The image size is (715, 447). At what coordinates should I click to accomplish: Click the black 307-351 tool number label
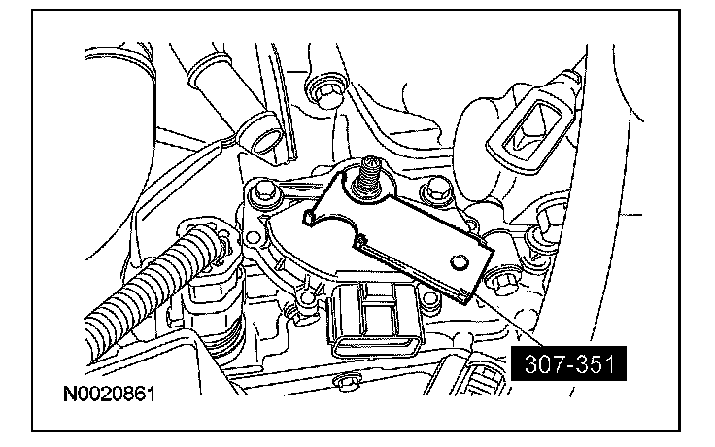(x=568, y=363)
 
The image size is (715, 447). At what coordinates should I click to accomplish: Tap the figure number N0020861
(x=109, y=394)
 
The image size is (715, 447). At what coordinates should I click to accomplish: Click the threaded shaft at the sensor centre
(x=367, y=177)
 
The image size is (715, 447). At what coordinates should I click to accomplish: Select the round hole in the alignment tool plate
(x=459, y=261)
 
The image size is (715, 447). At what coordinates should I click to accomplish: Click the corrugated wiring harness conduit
(x=151, y=283)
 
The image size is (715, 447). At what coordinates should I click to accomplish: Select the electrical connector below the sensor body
(x=377, y=321)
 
